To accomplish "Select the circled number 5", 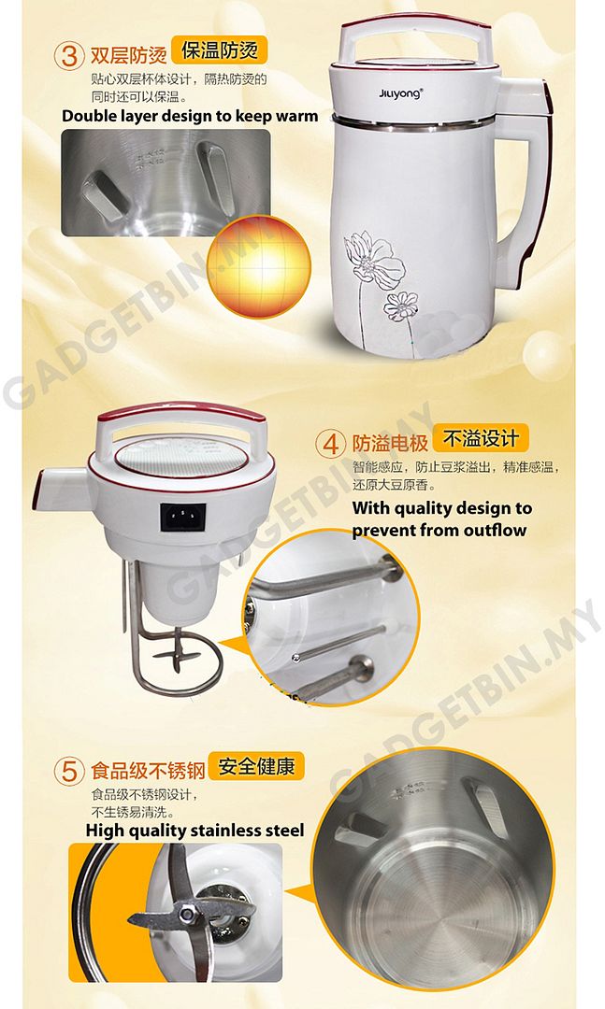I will (70, 772).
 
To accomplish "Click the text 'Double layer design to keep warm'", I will (190, 117).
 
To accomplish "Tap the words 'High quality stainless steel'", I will (194, 830).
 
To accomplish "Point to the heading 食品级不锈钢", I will (147, 772).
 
